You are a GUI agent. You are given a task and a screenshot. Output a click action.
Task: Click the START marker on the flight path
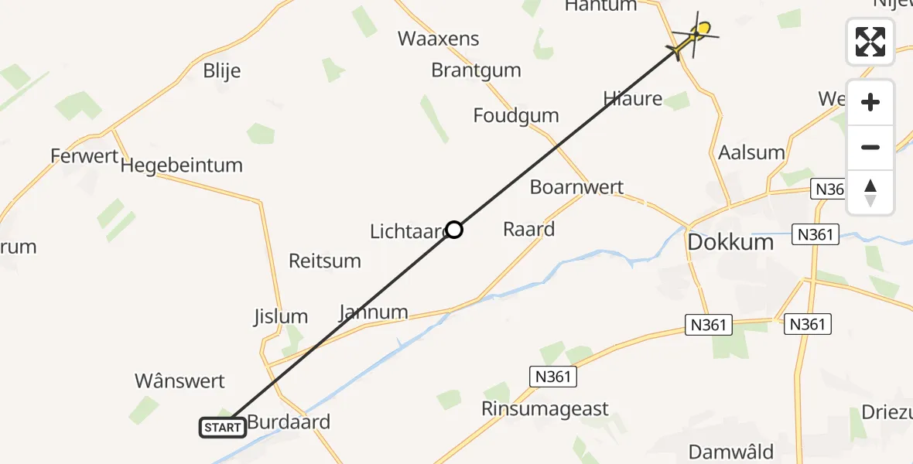coord(223,427)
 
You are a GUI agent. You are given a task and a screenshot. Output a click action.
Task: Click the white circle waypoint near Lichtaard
coord(454,230)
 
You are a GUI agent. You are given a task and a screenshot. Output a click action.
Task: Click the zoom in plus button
coord(870,102)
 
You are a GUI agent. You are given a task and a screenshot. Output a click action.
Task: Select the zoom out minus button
coord(870,147)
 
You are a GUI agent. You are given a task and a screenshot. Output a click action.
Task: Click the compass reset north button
coord(870,192)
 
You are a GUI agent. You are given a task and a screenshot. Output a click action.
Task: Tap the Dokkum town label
coord(730,242)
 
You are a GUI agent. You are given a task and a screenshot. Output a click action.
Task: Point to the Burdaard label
coord(289,422)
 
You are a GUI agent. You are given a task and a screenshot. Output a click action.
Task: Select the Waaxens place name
coord(439,39)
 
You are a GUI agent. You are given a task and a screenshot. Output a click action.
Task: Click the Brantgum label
coord(476,70)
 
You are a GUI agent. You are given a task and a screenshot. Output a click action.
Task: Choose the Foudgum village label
coord(516,116)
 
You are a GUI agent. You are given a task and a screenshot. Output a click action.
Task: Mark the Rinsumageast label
coord(545,409)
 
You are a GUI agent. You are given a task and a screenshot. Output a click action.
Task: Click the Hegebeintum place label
coord(182,165)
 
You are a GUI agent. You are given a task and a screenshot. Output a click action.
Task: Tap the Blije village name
coord(221,71)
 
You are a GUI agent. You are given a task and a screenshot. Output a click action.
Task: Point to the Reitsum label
coord(325,261)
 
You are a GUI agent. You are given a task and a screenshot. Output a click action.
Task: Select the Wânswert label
coord(180,381)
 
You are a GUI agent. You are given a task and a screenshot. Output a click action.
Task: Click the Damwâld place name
coord(731,452)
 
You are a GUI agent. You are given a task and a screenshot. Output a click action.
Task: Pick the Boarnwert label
coord(576,188)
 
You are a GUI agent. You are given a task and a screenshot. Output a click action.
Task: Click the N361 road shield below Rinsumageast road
coord(553,377)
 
